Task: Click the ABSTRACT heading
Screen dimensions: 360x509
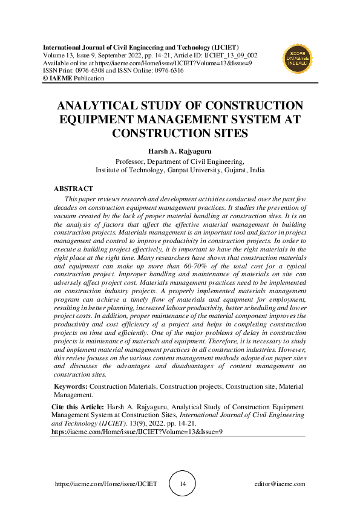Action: coord(73,189)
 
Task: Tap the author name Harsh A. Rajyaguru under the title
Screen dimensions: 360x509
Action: coord(180,151)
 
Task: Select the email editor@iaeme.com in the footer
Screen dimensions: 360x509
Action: coord(280,484)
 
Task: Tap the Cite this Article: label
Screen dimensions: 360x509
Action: coord(77,407)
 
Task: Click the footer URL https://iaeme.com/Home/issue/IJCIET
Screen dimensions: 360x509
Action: coord(106,484)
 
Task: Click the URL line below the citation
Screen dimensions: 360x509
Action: coord(137,432)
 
